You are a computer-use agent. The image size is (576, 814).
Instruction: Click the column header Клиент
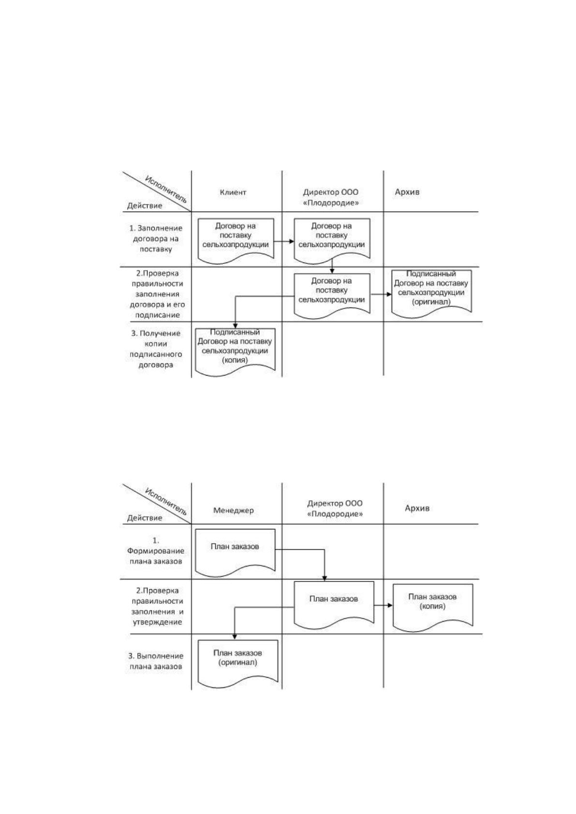233,192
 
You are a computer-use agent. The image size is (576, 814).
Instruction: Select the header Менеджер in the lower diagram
234,510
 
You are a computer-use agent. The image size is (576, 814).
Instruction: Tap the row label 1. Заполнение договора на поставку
156,238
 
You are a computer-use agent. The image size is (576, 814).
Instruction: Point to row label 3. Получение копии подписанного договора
156,349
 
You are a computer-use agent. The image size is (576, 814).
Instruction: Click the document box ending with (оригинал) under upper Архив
431,293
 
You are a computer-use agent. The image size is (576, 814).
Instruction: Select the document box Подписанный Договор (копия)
235,352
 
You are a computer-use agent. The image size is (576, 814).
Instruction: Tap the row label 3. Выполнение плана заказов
156,661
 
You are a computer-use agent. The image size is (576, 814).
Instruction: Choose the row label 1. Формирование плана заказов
156,551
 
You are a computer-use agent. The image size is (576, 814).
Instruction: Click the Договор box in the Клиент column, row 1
236,241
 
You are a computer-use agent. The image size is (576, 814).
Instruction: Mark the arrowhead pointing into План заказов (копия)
390,605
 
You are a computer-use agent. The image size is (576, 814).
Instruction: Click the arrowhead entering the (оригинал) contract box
389,294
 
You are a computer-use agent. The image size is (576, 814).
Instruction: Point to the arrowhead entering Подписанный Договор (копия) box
235,326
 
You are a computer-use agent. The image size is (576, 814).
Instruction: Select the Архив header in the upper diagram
407,192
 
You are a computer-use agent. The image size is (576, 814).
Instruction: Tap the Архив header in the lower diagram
417,508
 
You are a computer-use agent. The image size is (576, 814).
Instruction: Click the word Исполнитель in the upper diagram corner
166,189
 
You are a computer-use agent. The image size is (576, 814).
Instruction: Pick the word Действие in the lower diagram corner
145,518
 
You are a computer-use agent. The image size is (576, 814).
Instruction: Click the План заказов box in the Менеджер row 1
235,552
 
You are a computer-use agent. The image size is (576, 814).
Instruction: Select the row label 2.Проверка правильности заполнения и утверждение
157,606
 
